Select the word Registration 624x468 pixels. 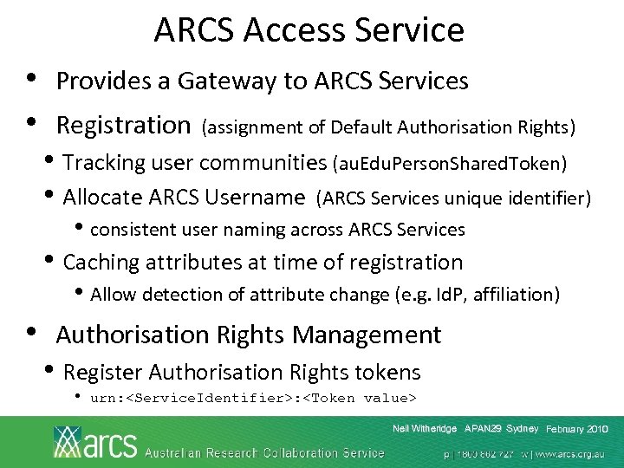[122, 126]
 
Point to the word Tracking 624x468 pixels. [105, 162]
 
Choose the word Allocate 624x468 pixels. [104, 197]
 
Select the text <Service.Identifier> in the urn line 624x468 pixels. [184, 399]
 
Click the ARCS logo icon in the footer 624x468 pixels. [68, 441]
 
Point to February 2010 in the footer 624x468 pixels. [577, 430]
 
